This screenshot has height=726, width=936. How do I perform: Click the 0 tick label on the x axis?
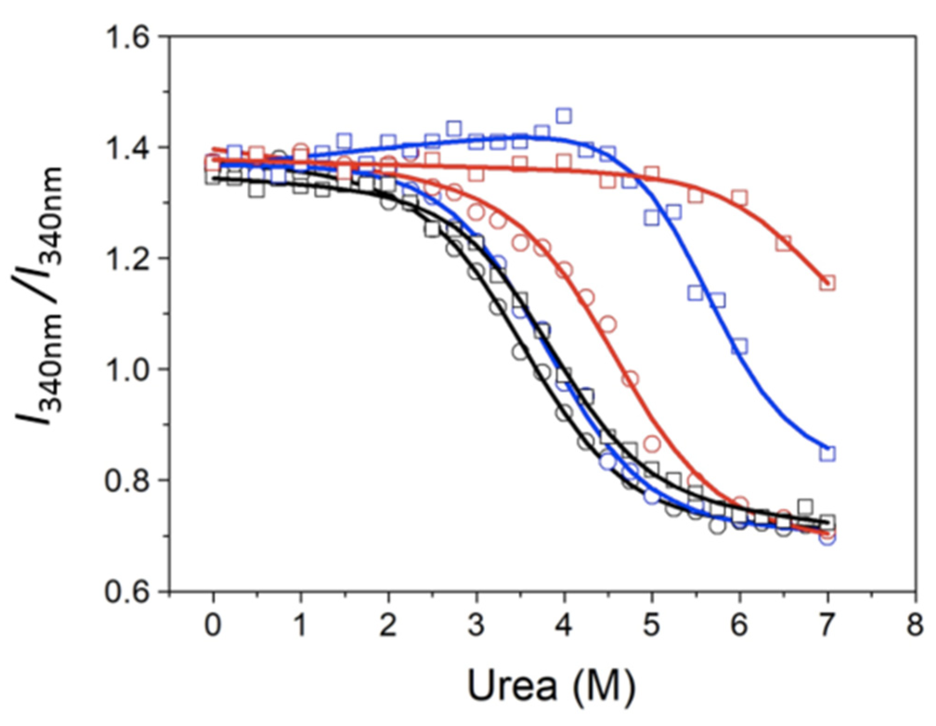click(213, 625)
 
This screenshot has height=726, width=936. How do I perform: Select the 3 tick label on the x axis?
click(476, 625)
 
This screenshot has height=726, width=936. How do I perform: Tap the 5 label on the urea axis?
click(652, 625)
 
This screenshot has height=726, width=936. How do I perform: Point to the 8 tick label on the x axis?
click(915, 625)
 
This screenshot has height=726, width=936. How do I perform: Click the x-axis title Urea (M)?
click(551, 686)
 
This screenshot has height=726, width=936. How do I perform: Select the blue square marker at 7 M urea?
click(827, 453)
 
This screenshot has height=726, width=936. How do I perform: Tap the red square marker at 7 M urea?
click(827, 283)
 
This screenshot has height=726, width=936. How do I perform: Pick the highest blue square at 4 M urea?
click(564, 116)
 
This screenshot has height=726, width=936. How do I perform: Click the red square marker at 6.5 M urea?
click(783, 243)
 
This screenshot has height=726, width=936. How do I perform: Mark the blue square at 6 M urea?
click(740, 346)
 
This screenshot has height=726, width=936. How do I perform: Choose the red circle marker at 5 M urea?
click(652, 444)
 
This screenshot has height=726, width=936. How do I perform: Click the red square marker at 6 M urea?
click(740, 198)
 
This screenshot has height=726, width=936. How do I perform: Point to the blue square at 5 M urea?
click(652, 217)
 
